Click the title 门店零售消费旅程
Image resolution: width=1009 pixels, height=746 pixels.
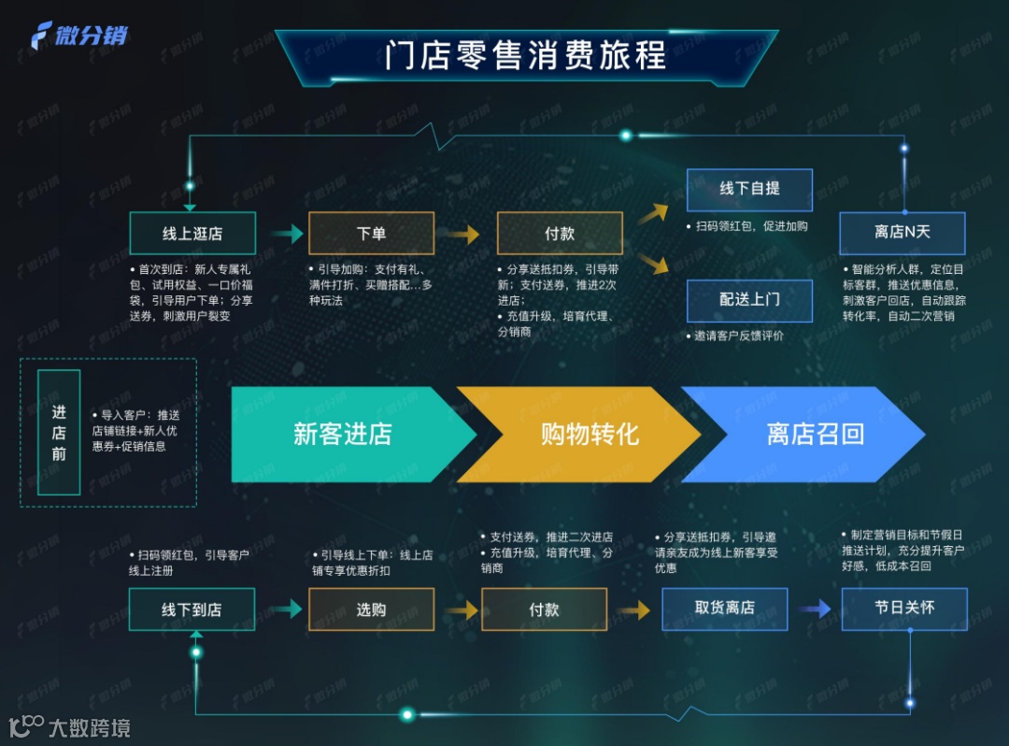526,55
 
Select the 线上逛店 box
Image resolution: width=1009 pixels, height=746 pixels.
192,234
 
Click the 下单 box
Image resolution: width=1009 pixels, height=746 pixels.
371,234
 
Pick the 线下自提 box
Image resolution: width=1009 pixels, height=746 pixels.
749,189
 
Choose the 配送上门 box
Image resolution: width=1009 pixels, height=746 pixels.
749,299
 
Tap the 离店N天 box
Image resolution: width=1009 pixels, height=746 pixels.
902,232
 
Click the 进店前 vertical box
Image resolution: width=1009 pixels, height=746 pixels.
59,432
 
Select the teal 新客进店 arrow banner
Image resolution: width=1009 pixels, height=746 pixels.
343,434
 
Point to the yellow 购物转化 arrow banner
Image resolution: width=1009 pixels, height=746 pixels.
589,434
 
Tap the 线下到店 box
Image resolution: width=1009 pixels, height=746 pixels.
192,610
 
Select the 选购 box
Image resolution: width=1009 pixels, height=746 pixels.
371,610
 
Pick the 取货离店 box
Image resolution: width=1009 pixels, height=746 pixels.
724,608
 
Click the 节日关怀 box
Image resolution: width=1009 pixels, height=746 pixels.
903,608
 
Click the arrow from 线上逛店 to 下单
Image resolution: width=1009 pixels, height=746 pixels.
287,234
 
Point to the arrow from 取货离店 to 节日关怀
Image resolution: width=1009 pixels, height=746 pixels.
813,610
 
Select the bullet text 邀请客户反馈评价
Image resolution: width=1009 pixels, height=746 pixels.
738,336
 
